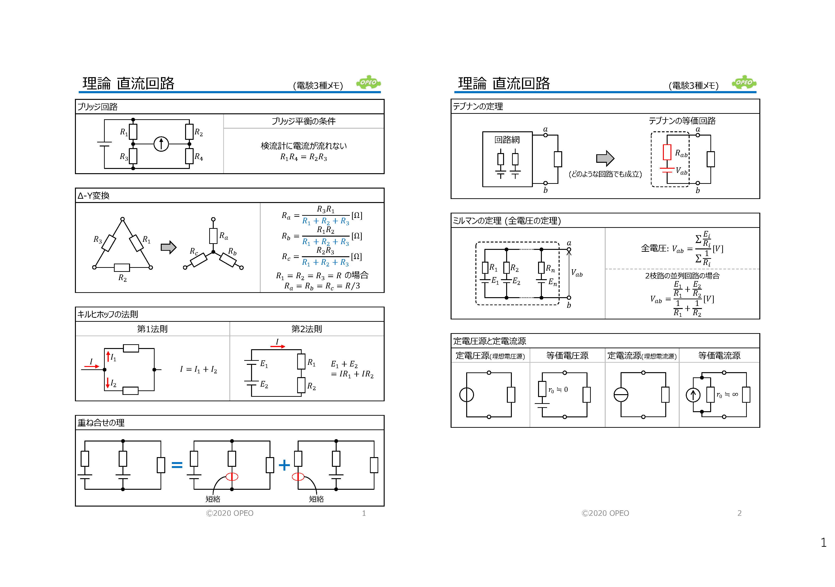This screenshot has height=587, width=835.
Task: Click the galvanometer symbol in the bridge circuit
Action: tap(161, 144)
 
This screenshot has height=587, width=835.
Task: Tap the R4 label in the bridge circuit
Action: tap(199, 157)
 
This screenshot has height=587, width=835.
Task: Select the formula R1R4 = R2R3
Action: tap(304, 157)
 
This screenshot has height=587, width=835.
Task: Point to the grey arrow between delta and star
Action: tap(168, 247)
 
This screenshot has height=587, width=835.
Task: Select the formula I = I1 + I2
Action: tap(199, 370)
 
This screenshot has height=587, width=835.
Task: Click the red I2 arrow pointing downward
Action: tap(108, 383)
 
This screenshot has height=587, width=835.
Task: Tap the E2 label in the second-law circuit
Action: tap(264, 385)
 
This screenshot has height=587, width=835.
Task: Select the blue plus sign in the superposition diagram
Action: tap(284, 465)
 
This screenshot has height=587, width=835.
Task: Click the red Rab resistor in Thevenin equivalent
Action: tap(667, 152)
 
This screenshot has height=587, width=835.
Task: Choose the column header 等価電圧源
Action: tap(567, 356)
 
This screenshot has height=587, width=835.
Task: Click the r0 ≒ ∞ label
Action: tap(727, 394)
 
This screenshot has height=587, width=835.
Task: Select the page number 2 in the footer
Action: tap(739, 513)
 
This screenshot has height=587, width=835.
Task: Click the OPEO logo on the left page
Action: tap(368, 83)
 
